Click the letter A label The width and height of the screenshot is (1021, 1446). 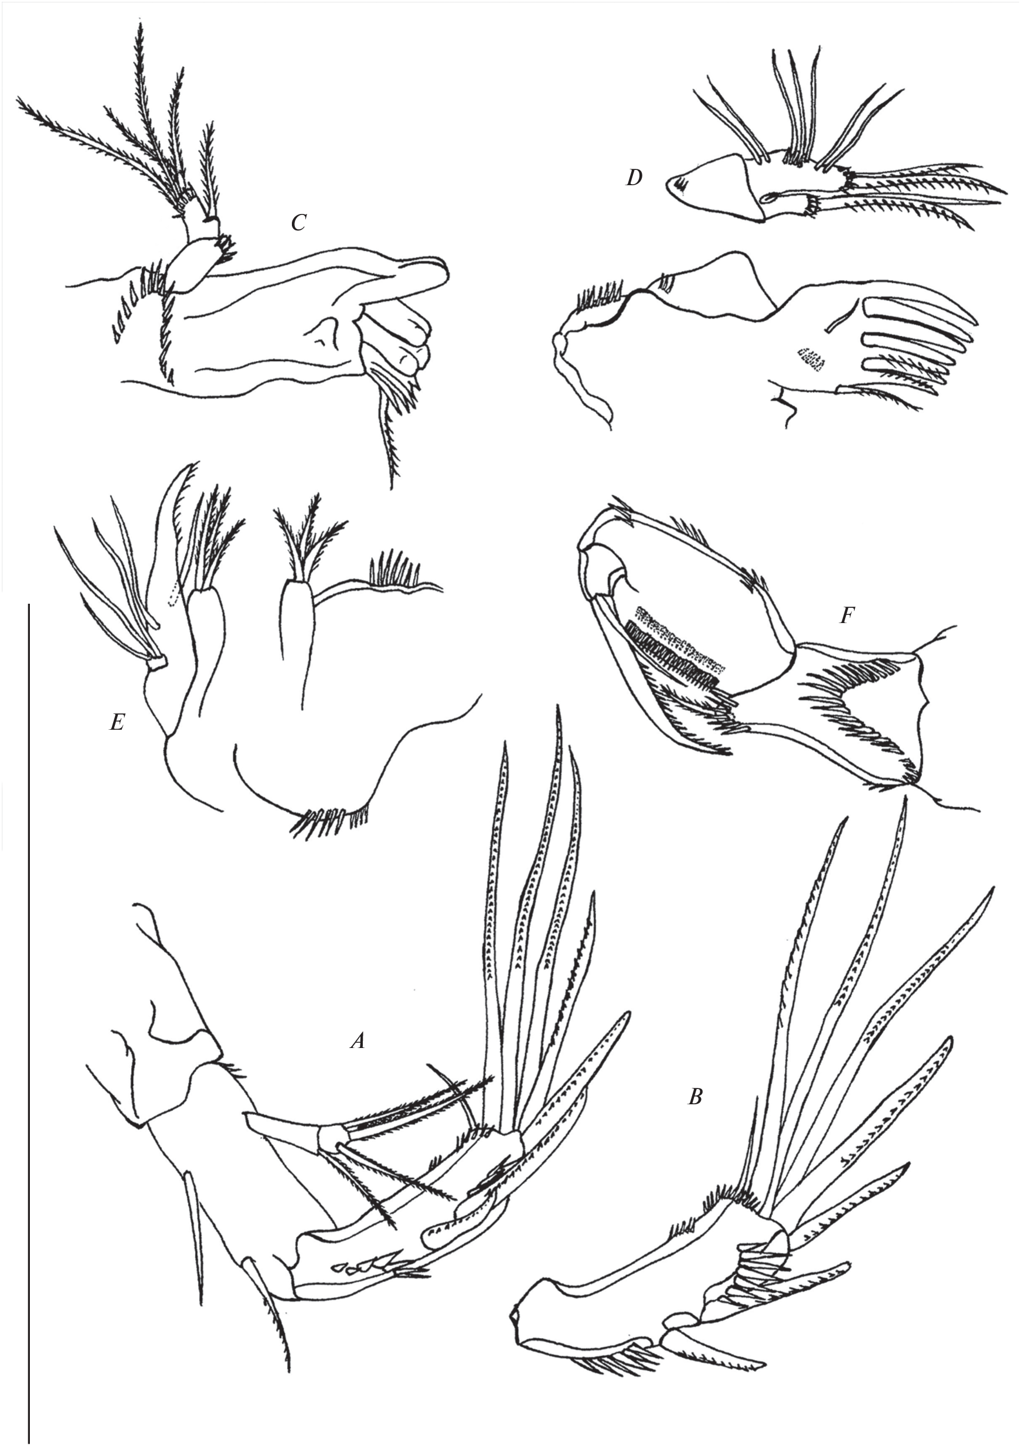pos(357,1042)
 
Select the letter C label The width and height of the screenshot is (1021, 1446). pos(298,222)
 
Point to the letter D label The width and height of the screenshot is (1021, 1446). pos(634,179)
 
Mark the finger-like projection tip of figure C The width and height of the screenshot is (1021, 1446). pos(445,271)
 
